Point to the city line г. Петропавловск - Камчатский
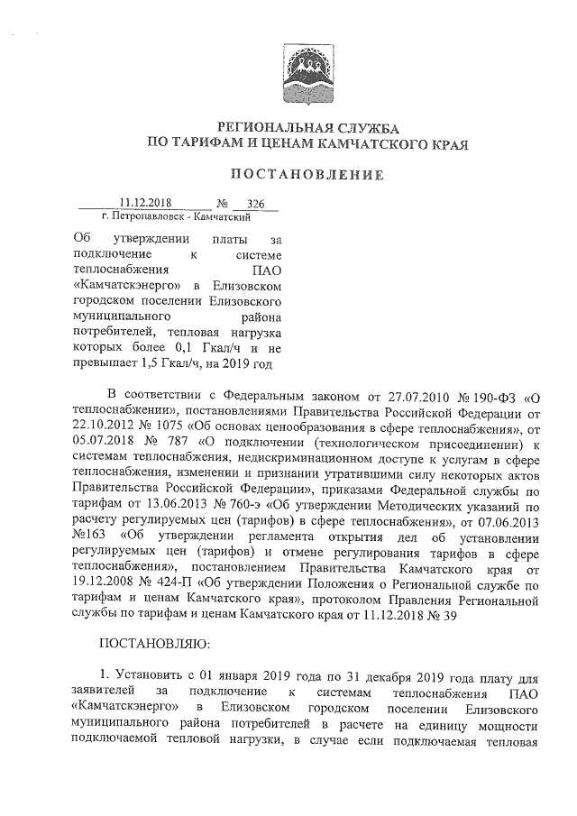176,217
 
